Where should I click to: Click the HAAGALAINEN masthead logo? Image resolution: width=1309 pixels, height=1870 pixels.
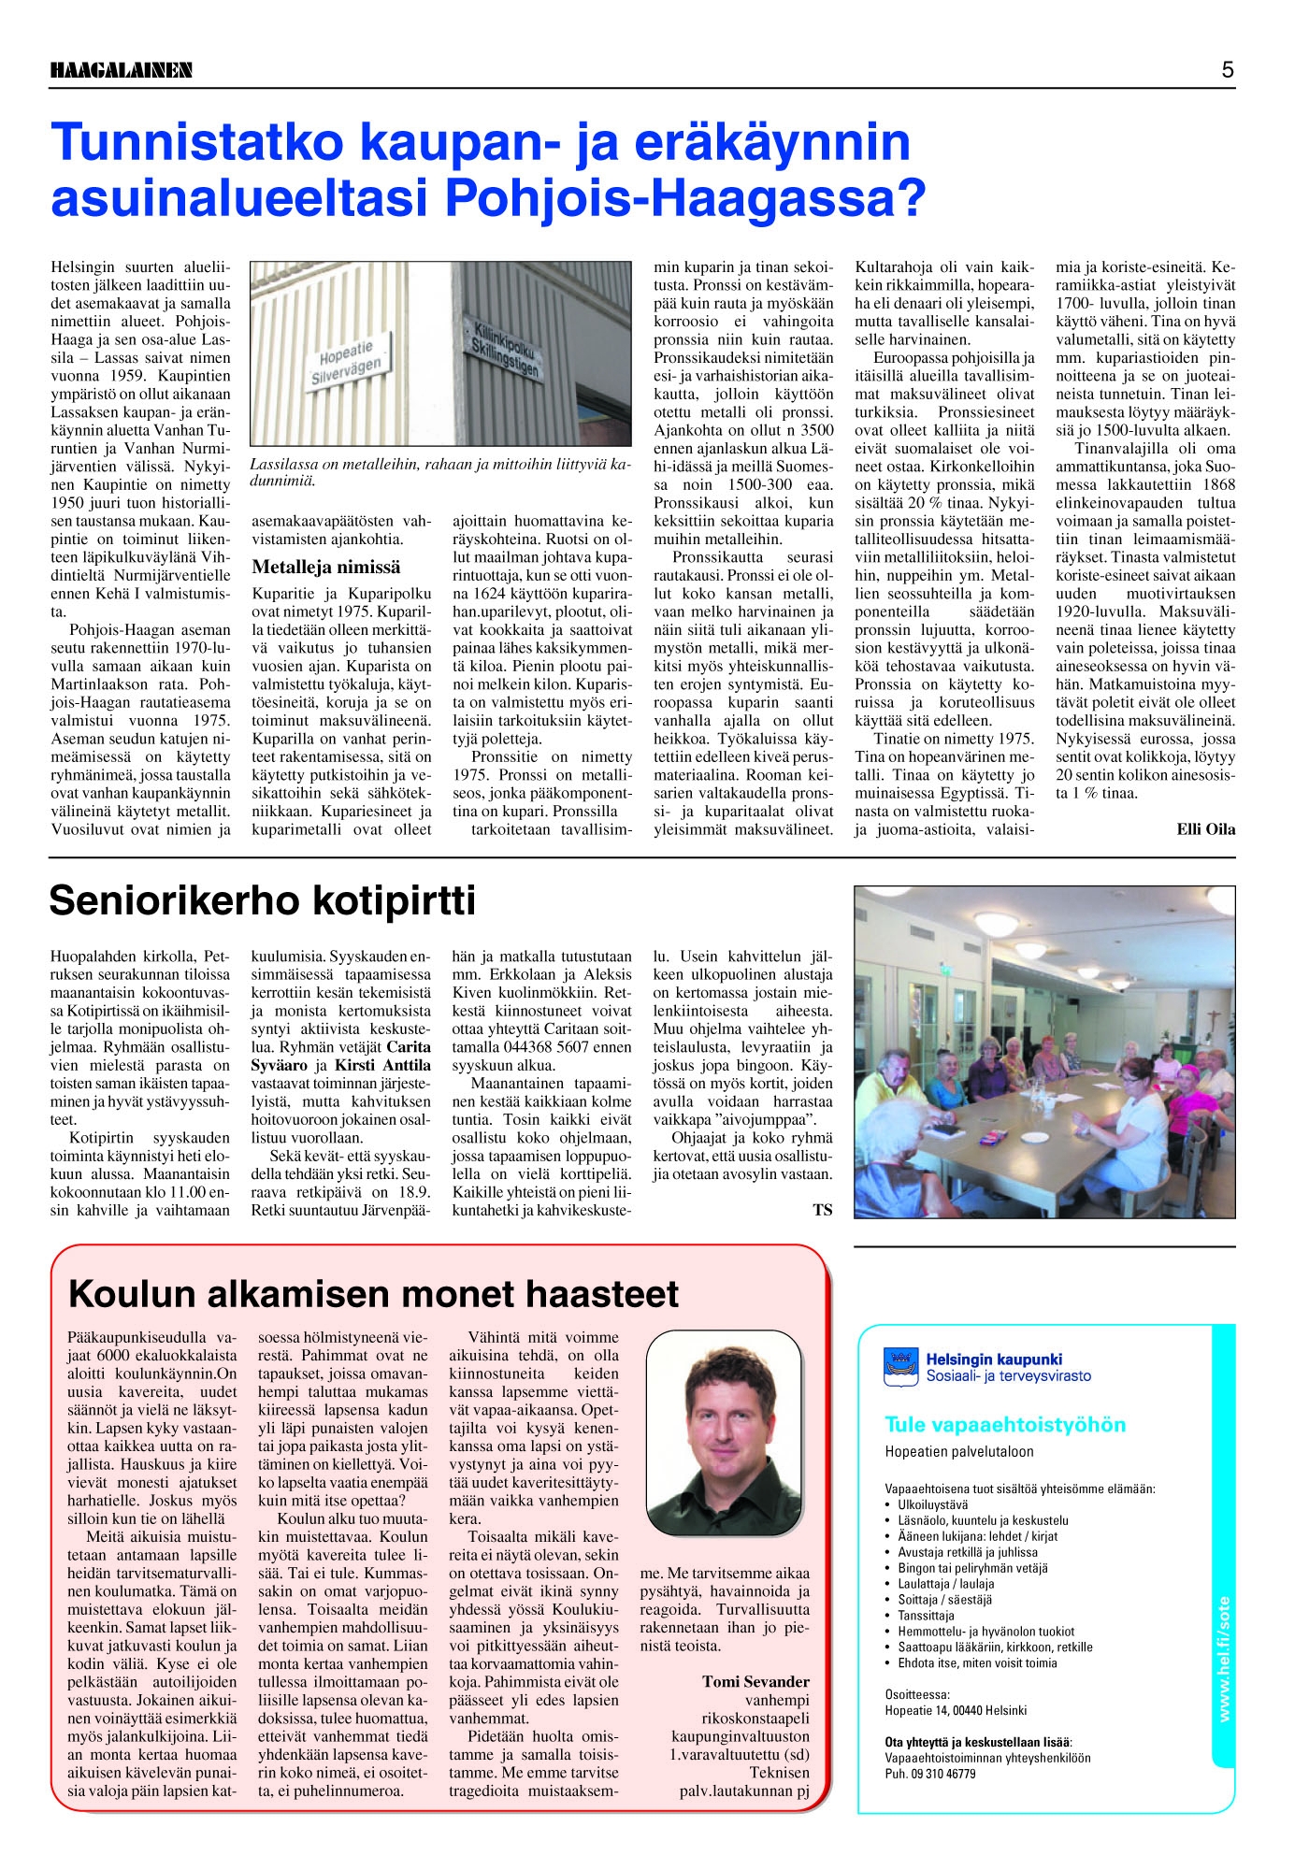point(122,70)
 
